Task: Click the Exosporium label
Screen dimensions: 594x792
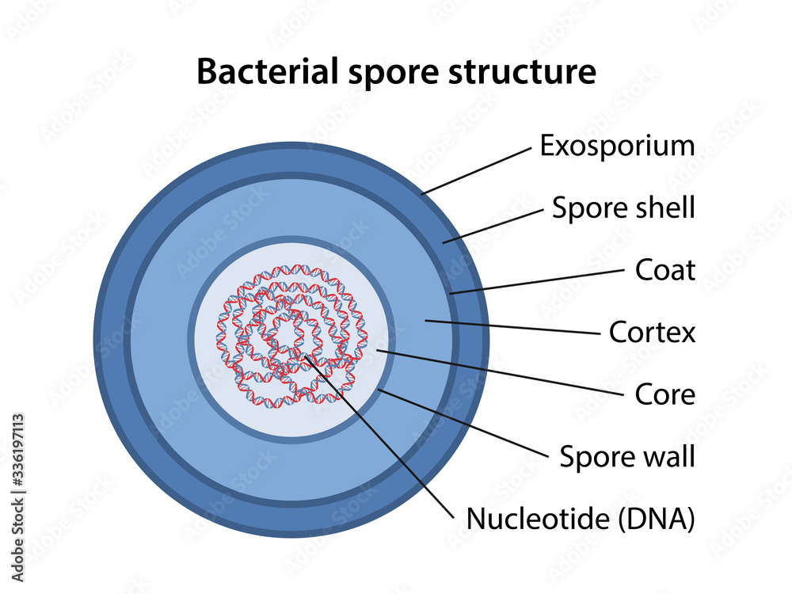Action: point(617,146)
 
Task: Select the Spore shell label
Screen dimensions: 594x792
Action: point(623,208)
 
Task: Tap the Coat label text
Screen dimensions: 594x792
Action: point(665,270)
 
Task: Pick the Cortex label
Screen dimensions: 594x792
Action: point(652,332)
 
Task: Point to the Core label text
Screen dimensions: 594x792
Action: point(665,394)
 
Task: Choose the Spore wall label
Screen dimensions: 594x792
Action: point(627,456)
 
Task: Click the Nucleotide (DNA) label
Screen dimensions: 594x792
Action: point(581,519)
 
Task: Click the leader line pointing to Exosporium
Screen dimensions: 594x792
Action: point(475,169)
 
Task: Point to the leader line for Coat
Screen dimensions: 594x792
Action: point(539,281)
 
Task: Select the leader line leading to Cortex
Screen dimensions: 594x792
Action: point(515,327)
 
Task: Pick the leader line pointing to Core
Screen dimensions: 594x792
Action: point(499,372)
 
